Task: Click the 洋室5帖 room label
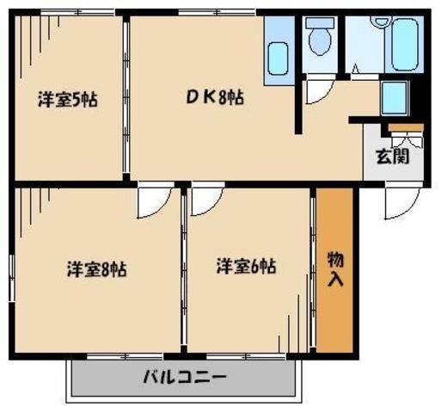coord(66,99)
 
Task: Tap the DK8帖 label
coord(215,97)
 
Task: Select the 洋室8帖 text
coord(97,268)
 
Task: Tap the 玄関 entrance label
coord(391,157)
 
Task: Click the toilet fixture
coord(322,39)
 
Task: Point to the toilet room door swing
coord(320,87)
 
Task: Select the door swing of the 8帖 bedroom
coord(153,203)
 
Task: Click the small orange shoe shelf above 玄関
coord(401,128)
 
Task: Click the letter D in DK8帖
coord(193,97)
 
